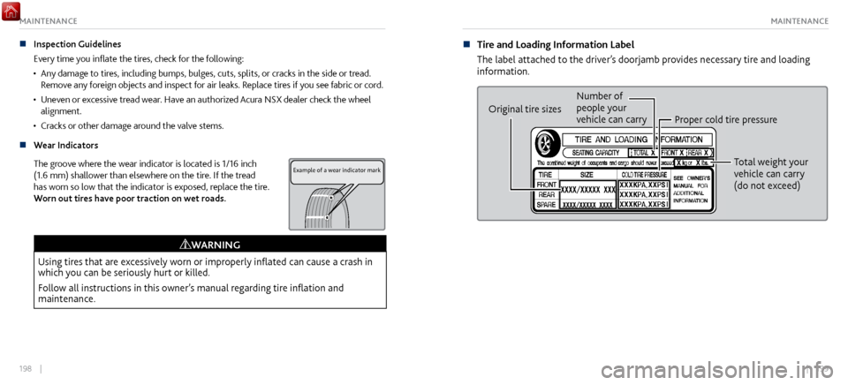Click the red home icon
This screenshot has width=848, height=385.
(11, 10)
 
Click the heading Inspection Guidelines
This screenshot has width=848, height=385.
(77, 43)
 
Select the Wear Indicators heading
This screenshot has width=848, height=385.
(65, 145)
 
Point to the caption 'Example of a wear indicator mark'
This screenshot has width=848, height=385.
(337, 170)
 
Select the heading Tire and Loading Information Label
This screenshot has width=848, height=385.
(555, 44)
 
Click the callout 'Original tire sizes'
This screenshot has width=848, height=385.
(525, 109)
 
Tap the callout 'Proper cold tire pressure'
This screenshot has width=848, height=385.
(725, 119)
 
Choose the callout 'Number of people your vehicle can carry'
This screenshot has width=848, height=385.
(610, 108)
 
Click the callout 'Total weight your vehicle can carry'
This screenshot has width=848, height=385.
(770, 174)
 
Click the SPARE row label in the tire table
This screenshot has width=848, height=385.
(547, 204)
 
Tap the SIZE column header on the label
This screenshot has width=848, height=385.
(587, 174)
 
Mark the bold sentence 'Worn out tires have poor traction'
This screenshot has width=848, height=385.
(128, 198)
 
